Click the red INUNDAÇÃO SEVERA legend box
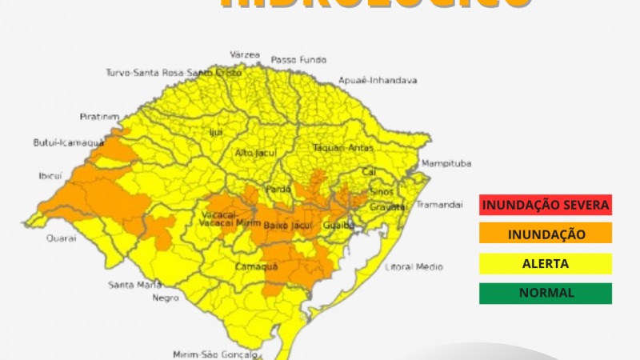click(x=546, y=205)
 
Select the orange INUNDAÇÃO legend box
click(x=546, y=234)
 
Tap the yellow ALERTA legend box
click(x=546, y=263)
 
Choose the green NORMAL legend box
click(x=546, y=293)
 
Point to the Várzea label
click(x=246, y=54)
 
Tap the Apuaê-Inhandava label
click(x=378, y=81)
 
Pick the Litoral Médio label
click(x=414, y=266)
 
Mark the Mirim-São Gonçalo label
click(x=216, y=354)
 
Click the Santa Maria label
click(x=134, y=285)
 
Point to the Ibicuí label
click(x=50, y=175)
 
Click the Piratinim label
click(x=99, y=116)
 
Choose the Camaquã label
click(x=256, y=267)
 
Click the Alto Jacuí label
click(x=255, y=152)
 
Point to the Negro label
click(x=166, y=298)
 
